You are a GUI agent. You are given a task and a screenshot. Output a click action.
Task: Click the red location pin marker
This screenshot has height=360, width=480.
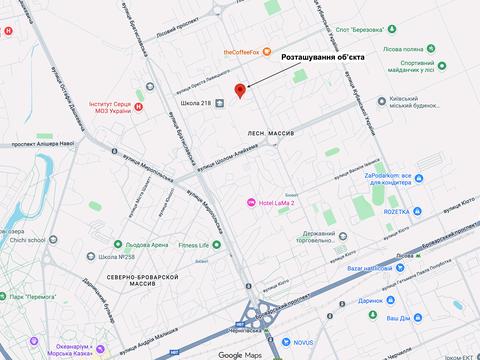(x=240, y=92)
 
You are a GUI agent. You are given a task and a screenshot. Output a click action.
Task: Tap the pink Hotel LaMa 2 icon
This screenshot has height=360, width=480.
(x=252, y=204)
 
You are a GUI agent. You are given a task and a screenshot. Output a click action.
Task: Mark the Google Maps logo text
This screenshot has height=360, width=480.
(x=240, y=354)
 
